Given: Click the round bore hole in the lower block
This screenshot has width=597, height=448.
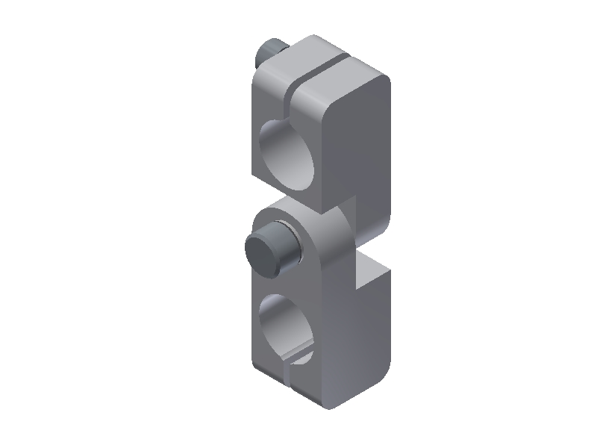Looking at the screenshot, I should tap(287, 329).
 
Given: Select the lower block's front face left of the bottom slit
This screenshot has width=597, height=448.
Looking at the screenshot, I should tap(269, 366).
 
